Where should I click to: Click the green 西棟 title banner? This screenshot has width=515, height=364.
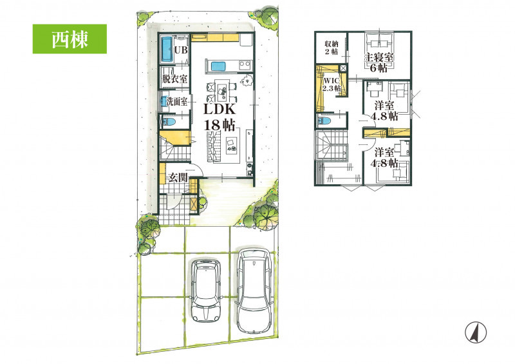70,39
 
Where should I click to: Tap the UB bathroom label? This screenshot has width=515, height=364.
181,50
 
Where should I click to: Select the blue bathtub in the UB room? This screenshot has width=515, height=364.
167,50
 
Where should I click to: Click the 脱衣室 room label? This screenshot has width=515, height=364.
174,79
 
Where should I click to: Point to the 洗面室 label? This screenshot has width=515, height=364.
176,102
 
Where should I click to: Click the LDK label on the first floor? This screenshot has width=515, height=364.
219,110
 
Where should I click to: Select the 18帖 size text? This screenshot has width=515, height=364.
219,125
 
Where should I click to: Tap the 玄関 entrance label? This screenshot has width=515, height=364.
178,178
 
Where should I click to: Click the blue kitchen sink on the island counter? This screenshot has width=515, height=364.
218,66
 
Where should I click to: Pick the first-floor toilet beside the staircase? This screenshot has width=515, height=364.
168,122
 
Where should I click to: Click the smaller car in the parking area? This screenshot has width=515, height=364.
206,290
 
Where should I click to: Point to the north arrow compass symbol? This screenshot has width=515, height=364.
476,332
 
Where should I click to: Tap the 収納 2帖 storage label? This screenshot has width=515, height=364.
332,47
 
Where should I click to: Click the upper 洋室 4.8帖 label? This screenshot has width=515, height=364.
384,111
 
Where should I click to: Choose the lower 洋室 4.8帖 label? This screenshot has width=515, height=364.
384,157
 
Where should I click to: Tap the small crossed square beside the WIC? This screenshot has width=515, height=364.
343,68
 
